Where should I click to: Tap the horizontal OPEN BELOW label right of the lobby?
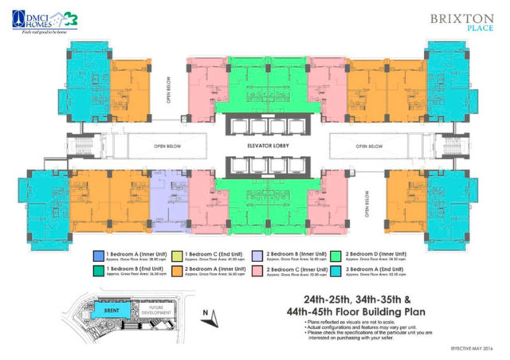pyautogui.click(x=371, y=147)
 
